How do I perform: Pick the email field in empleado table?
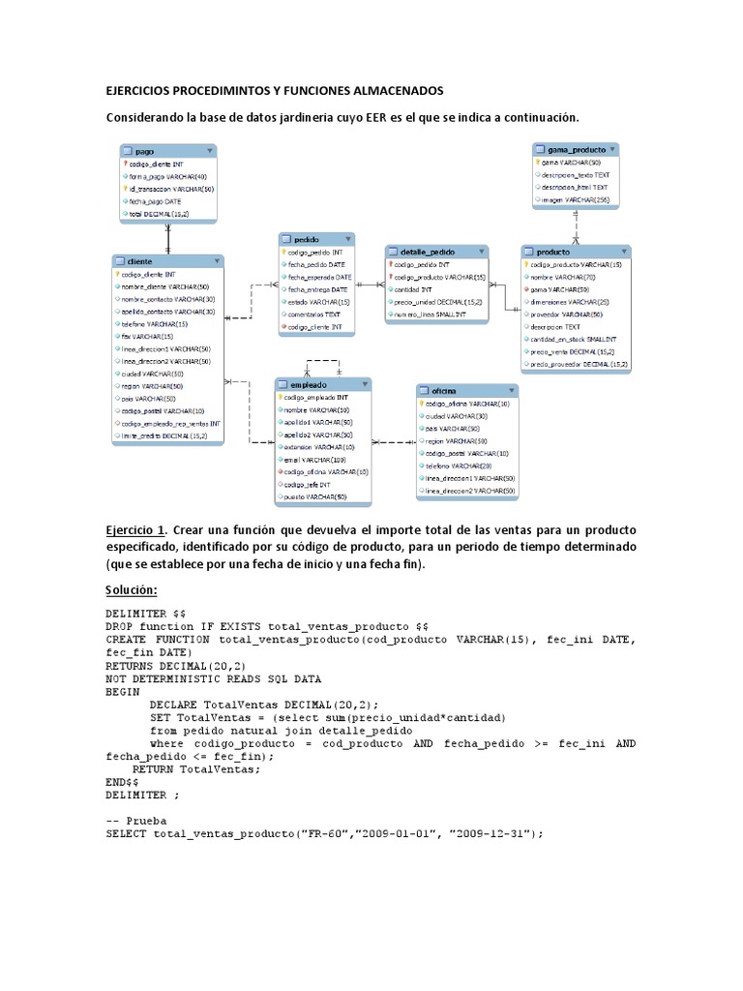311,460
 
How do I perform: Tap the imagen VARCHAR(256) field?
571,200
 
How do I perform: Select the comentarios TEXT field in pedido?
313,314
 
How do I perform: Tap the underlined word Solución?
131,589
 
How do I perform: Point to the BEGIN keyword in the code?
123,692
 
